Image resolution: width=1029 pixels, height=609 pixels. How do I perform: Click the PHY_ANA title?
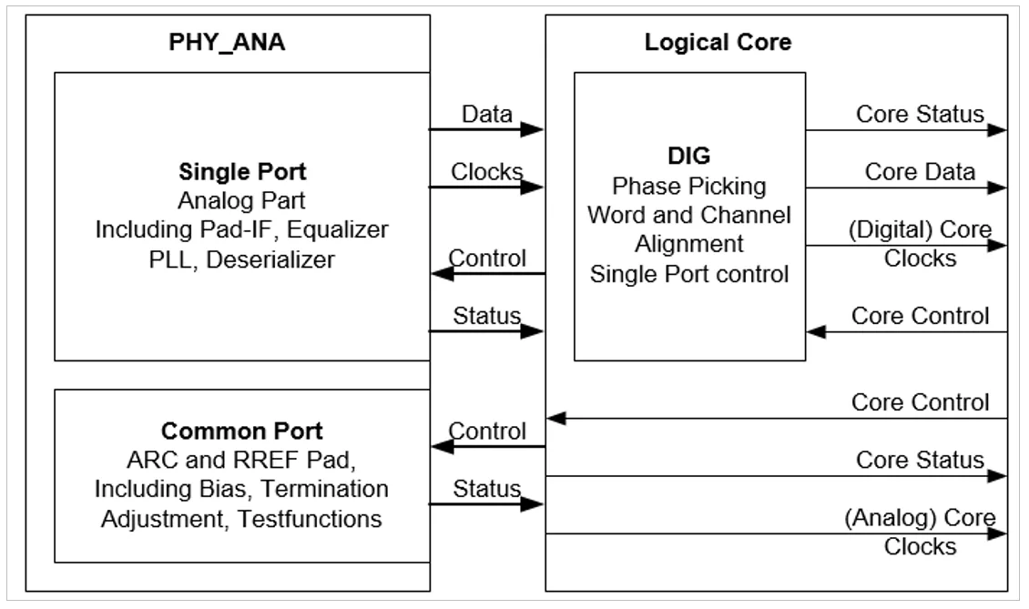(227, 43)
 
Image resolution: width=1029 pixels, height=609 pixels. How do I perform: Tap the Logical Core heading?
(718, 43)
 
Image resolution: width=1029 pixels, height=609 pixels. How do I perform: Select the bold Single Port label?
(242, 172)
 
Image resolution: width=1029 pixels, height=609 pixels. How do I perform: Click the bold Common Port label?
(241, 431)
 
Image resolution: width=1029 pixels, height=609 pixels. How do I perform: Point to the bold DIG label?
(689, 156)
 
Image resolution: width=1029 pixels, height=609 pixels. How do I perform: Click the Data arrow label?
(487, 114)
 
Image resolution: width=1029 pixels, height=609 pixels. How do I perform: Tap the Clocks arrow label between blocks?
(487, 172)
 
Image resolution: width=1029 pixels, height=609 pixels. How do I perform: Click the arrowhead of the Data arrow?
(532, 130)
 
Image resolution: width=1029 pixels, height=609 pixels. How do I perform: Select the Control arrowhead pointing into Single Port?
(443, 273)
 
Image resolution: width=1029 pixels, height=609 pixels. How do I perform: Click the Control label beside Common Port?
(487, 431)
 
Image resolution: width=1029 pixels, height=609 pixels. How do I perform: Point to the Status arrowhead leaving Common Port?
(532, 504)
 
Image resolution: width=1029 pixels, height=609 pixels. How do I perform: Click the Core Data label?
(920, 172)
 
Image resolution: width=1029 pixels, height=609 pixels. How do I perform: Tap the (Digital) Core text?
(920, 229)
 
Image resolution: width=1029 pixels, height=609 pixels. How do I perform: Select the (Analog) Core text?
(920, 518)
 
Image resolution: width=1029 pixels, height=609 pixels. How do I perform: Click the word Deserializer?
(270, 259)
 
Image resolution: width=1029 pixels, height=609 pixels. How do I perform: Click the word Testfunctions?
(310, 519)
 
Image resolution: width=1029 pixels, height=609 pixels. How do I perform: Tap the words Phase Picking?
(689, 187)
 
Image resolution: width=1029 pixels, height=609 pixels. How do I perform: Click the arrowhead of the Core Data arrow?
(996, 188)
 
